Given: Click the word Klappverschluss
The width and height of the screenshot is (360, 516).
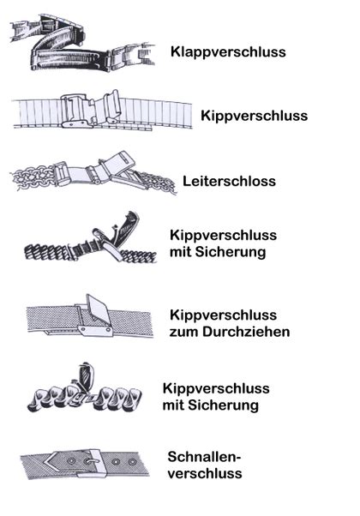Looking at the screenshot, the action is coord(228,52).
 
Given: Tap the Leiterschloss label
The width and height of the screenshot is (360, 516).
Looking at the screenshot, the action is coord(229,181).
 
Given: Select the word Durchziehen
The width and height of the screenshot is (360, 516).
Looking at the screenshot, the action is coord(246,332).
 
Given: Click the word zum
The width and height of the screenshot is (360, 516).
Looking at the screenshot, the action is coord(184,332).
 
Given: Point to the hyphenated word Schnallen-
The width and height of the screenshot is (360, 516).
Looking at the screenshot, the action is coord(204,457).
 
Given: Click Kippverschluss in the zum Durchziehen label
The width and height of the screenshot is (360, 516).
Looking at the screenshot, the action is coord(223,315).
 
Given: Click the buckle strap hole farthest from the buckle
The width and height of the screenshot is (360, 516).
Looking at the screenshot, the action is coord(132,463).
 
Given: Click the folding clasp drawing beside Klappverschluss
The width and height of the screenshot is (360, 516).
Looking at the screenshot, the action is coord(82,42).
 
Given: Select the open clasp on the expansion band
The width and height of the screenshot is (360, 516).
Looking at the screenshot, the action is coord(92,111).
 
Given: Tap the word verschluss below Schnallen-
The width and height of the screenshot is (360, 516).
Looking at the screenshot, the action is coord(205,473).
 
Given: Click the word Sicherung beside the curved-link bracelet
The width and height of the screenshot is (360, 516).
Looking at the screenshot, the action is coord(227,405).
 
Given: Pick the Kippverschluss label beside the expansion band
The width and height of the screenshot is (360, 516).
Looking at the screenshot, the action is coord(254,116).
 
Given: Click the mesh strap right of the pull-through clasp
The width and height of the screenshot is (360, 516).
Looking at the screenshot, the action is coord(132,323).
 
